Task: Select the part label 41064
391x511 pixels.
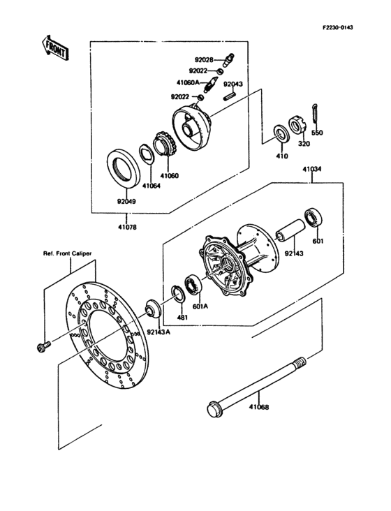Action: [151, 186]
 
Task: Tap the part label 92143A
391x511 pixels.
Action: [158, 333]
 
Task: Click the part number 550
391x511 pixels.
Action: [317, 133]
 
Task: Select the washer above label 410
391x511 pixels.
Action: [281, 133]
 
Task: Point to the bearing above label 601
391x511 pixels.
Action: [311, 216]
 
